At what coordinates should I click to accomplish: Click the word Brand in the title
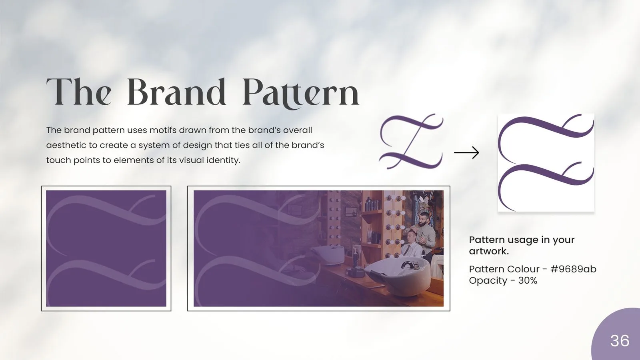point(176,92)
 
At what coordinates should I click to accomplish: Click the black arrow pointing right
point(466,152)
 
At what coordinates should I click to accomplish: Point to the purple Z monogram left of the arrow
point(411,141)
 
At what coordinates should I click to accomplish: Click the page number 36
point(620,340)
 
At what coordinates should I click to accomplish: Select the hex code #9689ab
point(573,269)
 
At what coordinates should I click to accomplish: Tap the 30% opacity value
point(528,280)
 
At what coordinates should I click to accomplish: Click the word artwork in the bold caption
point(489,252)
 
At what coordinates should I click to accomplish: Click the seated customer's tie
point(406,250)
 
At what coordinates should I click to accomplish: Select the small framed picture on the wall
point(351,212)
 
